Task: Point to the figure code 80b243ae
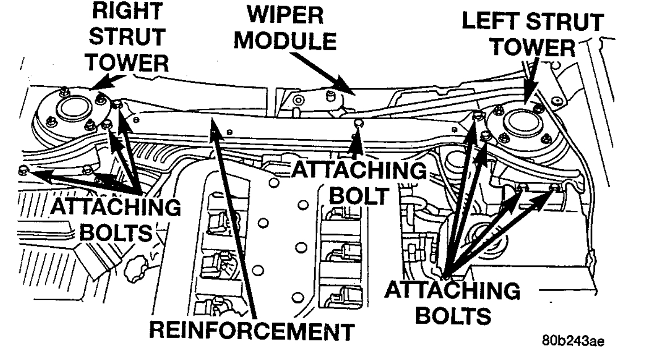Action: click(x=573, y=341)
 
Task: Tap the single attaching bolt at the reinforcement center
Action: click(x=358, y=123)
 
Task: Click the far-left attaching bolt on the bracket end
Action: click(x=22, y=170)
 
